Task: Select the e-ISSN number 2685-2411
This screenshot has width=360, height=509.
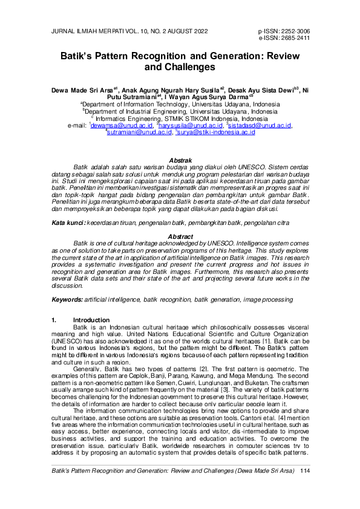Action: click(x=295, y=37)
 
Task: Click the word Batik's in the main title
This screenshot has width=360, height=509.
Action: click(x=79, y=56)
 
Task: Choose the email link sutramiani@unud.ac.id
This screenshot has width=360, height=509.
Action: click(x=136, y=132)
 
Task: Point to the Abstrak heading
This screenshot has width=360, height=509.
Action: click(x=180, y=160)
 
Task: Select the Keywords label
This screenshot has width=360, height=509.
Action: click(x=67, y=299)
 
